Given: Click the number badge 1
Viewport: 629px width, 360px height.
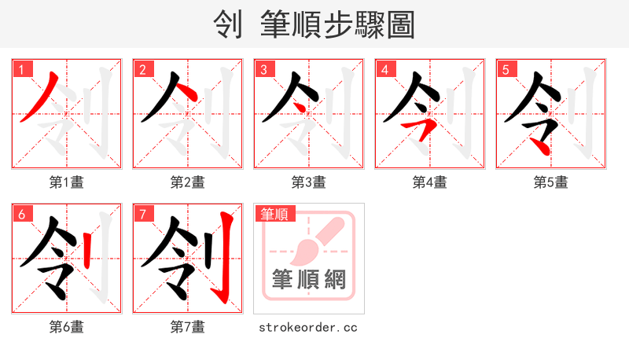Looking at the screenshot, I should [21, 69].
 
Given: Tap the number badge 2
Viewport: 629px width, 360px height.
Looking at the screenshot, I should [142, 69].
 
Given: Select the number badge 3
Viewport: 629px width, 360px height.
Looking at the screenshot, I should [263, 69].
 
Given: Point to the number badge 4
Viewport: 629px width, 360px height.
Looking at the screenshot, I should [384, 69].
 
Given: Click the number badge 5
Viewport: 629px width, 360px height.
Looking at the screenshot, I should [506, 69].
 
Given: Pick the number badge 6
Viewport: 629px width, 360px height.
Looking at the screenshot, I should [21, 214].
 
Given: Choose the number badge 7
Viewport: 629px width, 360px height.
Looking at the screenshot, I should [142, 214].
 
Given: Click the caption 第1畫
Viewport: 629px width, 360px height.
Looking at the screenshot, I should [67, 182].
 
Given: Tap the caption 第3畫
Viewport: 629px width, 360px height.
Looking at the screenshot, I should [309, 182].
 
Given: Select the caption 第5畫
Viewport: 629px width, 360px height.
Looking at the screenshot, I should [551, 182].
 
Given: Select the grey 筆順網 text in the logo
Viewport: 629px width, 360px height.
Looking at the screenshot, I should [309, 280].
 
